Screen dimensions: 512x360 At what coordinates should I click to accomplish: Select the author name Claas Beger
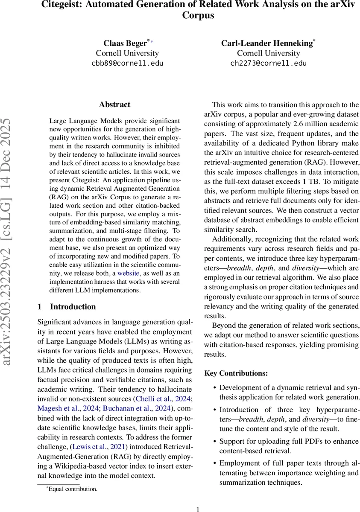click(x=125, y=43)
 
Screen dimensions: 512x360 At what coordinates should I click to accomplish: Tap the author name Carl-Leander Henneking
click(x=267, y=43)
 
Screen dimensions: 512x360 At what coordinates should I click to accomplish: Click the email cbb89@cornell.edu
click(x=127, y=64)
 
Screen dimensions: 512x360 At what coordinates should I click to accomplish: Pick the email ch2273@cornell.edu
click(x=268, y=64)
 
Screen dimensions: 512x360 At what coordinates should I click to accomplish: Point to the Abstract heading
click(x=114, y=105)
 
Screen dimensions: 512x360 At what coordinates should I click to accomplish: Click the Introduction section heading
click(x=73, y=307)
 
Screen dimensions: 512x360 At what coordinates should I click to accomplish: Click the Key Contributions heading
click(x=236, y=373)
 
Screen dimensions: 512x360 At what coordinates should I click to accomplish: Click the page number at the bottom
click(x=198, y=509)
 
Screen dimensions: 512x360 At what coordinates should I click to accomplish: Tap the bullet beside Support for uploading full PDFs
click(x=214, y=442)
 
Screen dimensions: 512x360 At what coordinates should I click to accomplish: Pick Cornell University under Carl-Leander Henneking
click(x=268, y=53)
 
